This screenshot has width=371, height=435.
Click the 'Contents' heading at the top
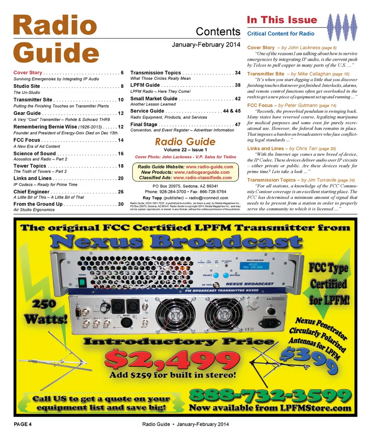coord(218,31)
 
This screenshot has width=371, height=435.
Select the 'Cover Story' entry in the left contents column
coord(28,73)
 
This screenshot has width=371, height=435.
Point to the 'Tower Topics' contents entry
coord(30,166)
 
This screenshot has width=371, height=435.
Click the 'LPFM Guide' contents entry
coord(145,85)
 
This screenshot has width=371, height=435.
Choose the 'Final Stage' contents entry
coord(144,125)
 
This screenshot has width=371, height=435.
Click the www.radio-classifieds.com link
coord(203,178)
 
